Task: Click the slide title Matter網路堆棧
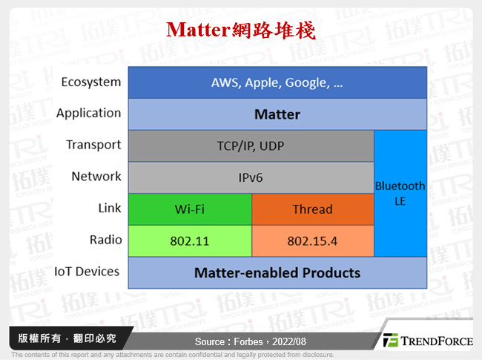(241, 30)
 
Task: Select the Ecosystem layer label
(91, 82)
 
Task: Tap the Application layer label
(88, 113)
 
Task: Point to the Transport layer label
(93, 145)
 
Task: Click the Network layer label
(96, 176)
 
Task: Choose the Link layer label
(109, 209)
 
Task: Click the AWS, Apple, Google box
(277, 82)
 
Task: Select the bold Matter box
(277, 114)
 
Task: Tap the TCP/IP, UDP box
(251, 145)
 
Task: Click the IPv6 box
(251, 178)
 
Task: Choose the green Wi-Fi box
(190, 209)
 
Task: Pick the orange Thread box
(312, 209)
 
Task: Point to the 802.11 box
(190, 240)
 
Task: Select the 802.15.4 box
(312, 240)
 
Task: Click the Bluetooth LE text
(400, 193)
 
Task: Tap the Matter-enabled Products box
(277, 272)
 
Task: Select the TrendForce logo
(428, 341)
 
